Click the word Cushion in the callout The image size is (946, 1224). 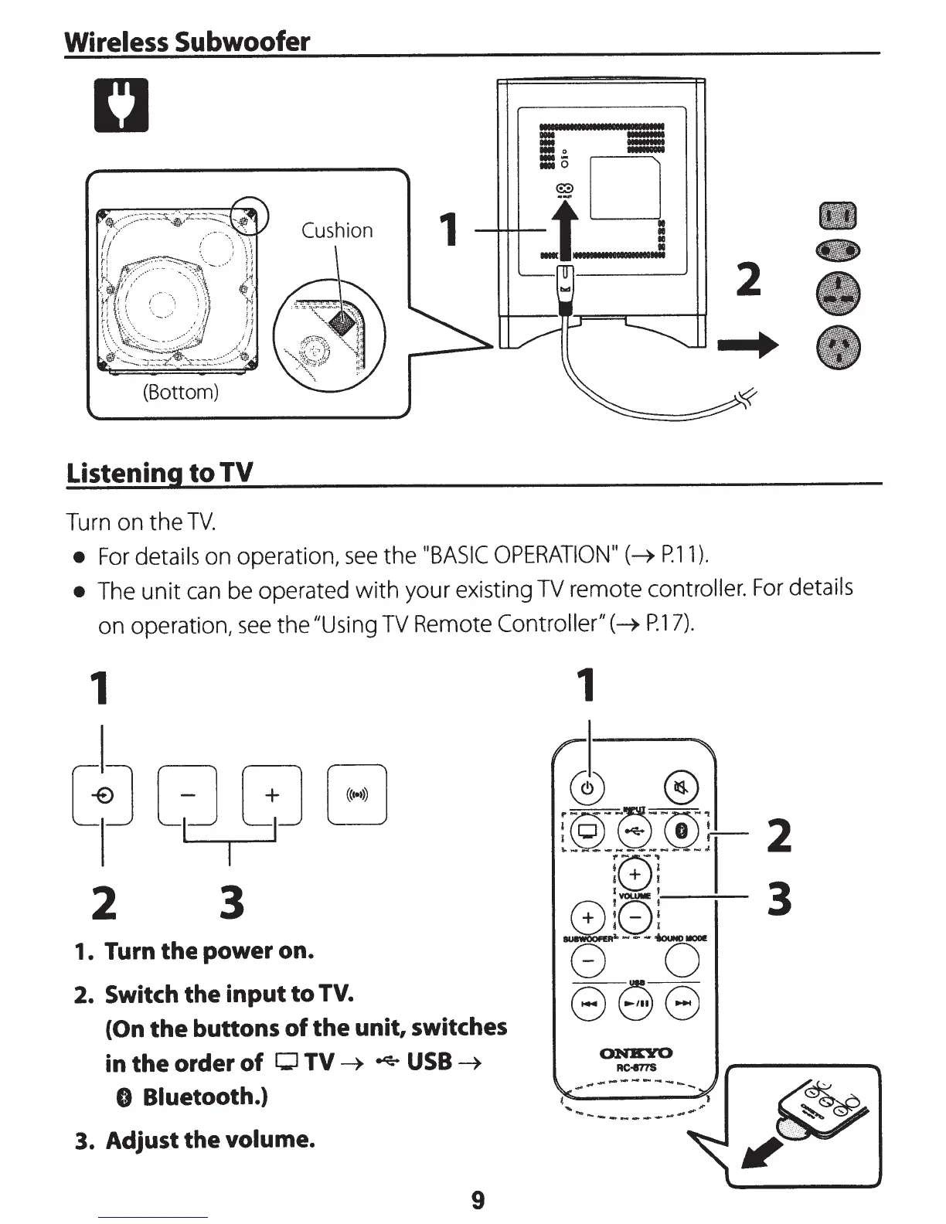[337, 230]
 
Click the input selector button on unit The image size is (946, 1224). [103, 794]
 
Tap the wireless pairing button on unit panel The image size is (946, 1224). [356, 794]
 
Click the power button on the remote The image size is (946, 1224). [587, 788]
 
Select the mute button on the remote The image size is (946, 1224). [681, 788]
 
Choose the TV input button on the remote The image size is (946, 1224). [587, 831]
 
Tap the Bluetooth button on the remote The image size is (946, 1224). [682, 831]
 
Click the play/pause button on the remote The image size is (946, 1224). [635, 1003]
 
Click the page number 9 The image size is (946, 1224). [478, 1200]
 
